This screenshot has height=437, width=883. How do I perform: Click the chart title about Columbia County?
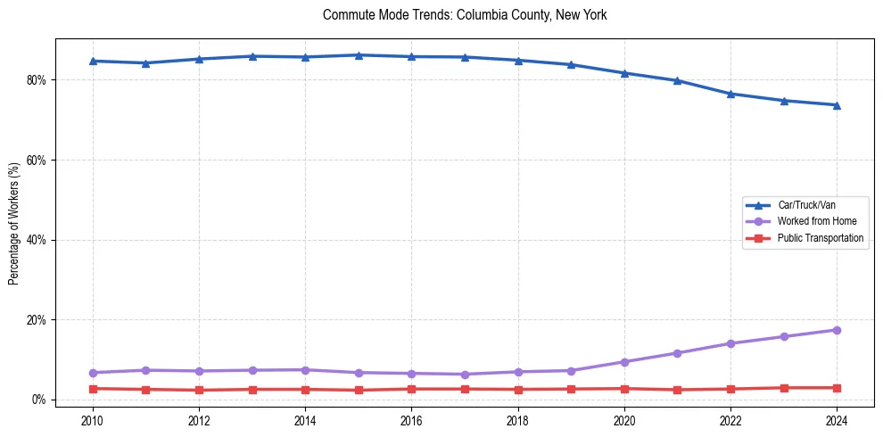point(465,15)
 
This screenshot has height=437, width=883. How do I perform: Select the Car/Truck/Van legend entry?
point(806,205)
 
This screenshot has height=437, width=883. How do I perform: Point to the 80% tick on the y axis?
point(37,80)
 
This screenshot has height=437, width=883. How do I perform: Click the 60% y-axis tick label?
point(37,161)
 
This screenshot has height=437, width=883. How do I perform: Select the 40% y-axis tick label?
point(37,240)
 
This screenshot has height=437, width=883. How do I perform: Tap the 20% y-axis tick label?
point(37,320)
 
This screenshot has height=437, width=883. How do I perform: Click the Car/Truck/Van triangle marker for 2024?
point(837,105)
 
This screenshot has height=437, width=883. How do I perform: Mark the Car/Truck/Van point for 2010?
point(93,61)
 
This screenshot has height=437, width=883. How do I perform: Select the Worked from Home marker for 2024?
point(837,330)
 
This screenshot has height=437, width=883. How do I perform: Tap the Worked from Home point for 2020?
point(624,362)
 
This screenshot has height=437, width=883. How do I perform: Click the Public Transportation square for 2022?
point(730,389)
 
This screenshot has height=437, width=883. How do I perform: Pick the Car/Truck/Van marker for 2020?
point(624,73)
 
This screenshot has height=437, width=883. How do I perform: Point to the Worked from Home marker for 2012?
point(199,371)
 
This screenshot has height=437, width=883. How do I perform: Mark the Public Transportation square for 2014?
point(305,390)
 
